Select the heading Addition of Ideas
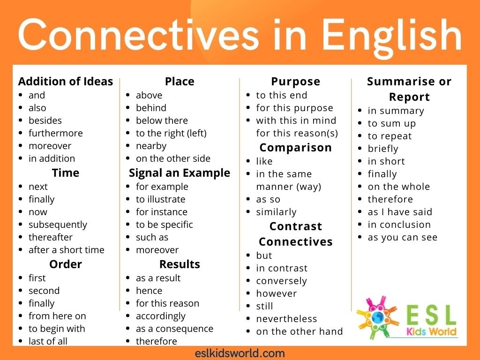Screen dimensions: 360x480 click(x=66, y=82)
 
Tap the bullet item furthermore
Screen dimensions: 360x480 click(x=55, y=133)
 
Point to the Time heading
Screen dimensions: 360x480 click(x=66, y=172)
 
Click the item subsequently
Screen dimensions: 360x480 click(x=58, y=225)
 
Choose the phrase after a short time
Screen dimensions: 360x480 click(x=66, y=250)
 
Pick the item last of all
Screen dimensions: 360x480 click(x=48, y=341)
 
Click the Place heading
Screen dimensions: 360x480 click(x=179, y=82)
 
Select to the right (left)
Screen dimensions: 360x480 click(x=171, y=133)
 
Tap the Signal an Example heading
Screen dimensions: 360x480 click(x=179, y=172)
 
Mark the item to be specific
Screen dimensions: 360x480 click(x=164, y=225)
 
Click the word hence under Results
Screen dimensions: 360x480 click(x=149, y=291)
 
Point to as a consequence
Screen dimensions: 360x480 click(x=174, y=329)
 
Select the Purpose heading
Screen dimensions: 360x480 click(x=295, y=82)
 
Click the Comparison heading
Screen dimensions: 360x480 click(x=295, y=148)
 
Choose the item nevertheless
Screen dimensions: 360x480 click(x=286, y=319)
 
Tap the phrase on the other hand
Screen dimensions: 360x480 click(x=299, y=331)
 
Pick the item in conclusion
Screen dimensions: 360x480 click(x=399, y=225)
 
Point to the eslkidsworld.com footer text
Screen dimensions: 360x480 click(x=240, y=353)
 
